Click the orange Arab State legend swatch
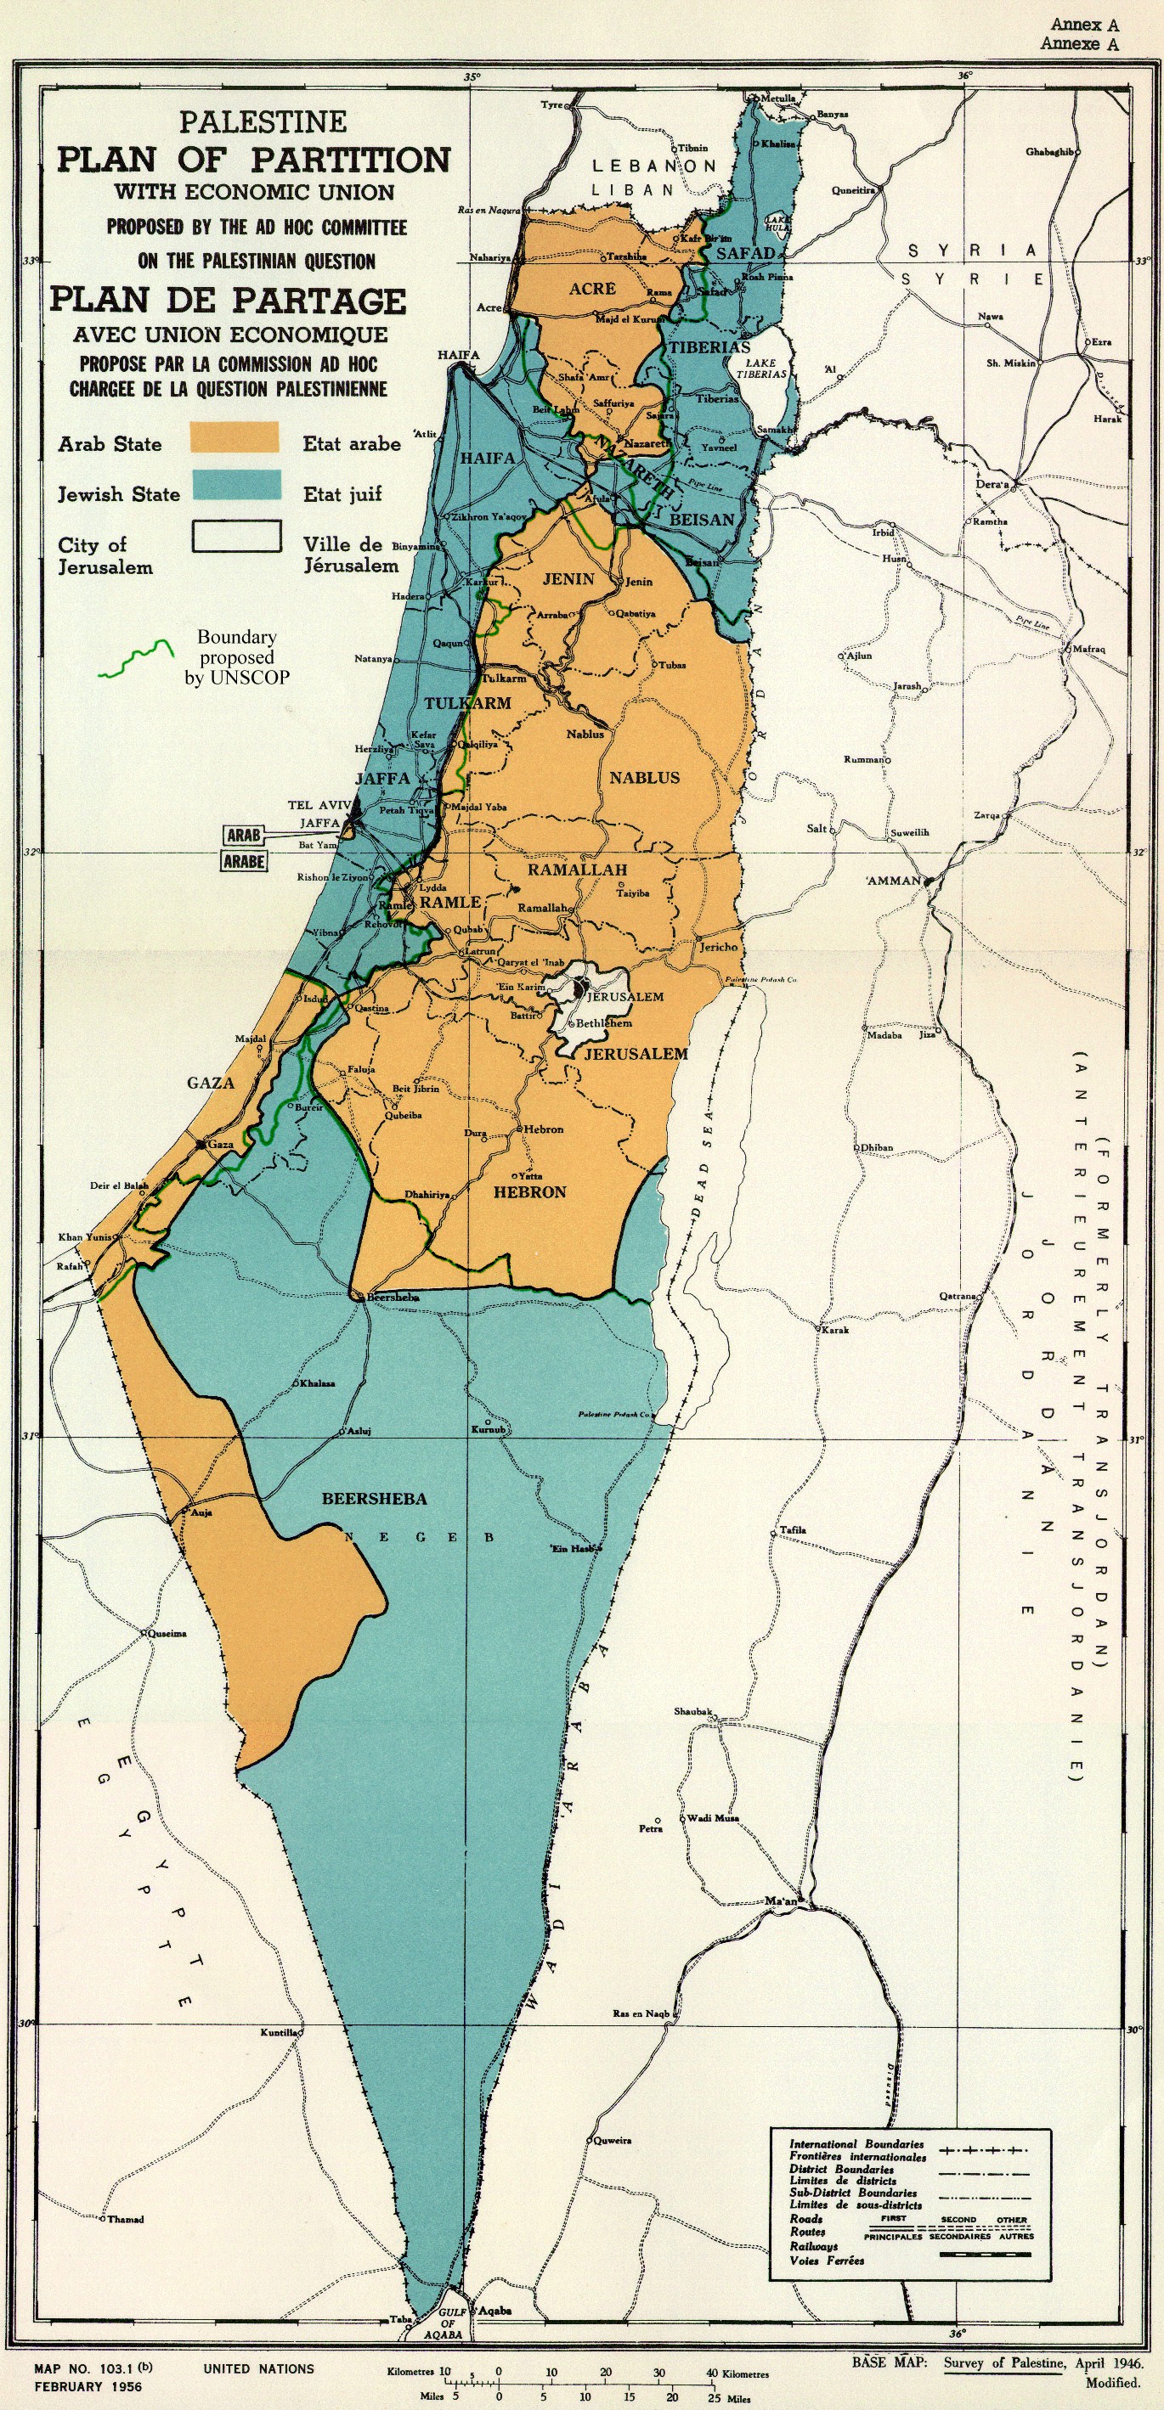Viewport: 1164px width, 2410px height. click(234, 436)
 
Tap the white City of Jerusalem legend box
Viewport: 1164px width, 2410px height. click(237, 536)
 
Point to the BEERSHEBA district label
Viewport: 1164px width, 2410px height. click(375, 1499)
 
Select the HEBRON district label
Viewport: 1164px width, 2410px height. click(529, 1192)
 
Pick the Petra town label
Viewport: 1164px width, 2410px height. click(650, 1828)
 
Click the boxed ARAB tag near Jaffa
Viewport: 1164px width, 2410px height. click(243, 833)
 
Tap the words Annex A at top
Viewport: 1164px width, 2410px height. click(1083, 25)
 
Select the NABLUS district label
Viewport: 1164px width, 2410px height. click(645, 778)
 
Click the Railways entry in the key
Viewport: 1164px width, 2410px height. click(813, 2246)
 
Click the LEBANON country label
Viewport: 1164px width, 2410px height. click(654, 166)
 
